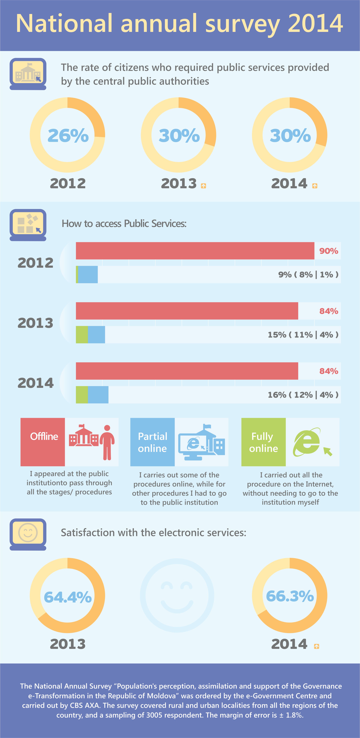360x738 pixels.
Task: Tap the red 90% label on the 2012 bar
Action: click(x=329, y=251)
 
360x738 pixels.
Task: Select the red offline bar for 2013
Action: click(x=187, y=311)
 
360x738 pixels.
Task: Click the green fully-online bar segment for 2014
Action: click(x=82, y=395)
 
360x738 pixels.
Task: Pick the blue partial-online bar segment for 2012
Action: click(x=88, y=275)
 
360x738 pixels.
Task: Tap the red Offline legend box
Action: click(x=43, y=442)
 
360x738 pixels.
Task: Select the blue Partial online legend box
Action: click(x=152, y=442)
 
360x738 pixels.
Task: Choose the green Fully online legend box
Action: click(x=263, y=442)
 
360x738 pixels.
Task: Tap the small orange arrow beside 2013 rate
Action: click(x=203, y=186)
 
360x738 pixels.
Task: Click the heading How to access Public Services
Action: click(x=124, y=223)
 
